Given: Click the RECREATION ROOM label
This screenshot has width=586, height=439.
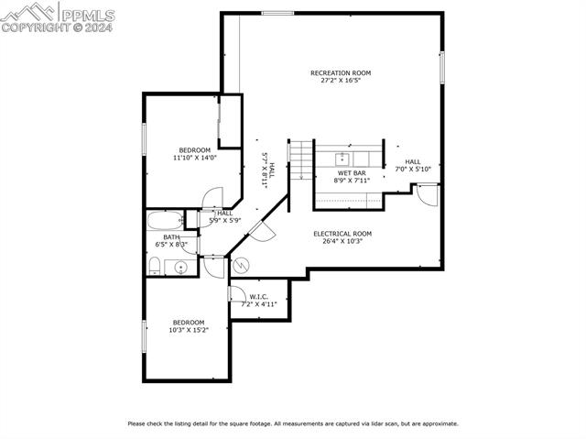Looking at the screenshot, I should click(341, 72).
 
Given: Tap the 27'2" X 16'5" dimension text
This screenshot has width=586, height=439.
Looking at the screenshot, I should click(341, 81).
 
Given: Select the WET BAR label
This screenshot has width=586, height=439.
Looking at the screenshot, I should click(352, 172).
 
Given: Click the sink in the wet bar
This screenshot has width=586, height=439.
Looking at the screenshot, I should click(341, 157).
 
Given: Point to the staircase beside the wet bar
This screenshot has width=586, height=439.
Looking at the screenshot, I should click(301, 160).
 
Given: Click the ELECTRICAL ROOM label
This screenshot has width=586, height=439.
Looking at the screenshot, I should click(342, 233).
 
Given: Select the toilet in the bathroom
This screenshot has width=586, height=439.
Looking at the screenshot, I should click(156, 266).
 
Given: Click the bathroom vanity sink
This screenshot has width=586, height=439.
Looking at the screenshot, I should click(180, 268).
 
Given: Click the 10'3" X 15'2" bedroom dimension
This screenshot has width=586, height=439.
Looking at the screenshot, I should click(189, 330).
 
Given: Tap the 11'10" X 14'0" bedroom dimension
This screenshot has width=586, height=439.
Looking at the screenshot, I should click(194, 158).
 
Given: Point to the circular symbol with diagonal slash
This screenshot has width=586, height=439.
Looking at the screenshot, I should click(242, 266).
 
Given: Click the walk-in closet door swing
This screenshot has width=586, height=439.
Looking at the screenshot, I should click(236, 294).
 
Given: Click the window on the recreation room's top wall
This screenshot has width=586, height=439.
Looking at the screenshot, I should click(277, 13).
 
